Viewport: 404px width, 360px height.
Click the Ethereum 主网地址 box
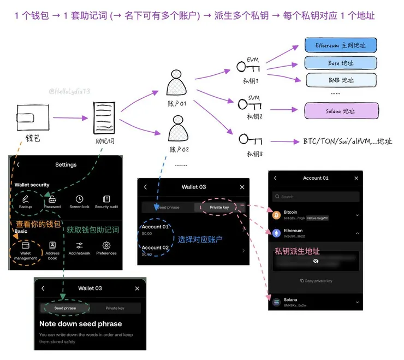[341, 45]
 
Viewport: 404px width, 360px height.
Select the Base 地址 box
[341, 63]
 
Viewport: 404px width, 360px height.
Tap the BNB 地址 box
[341, 80]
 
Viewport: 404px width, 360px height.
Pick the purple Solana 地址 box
[341, 111]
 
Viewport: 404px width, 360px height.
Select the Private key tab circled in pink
[219, 208]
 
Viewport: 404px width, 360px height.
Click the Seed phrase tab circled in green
[66, 308]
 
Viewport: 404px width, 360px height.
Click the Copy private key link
[317, 281]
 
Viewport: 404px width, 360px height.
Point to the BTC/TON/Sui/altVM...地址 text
[347, 141]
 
